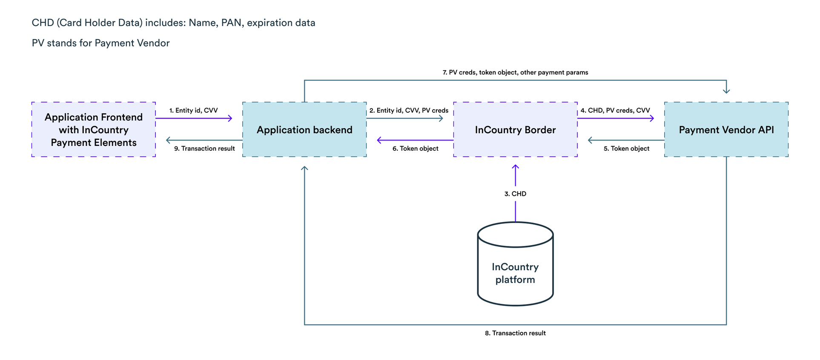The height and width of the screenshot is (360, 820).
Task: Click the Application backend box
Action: click(x=304, y=129)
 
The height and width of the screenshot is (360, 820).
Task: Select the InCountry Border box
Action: click(x=515, y=129)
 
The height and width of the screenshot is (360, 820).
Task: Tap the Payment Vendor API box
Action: click(x=726, y=129)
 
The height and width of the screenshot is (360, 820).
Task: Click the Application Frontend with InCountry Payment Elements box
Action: click(x=94, y=129)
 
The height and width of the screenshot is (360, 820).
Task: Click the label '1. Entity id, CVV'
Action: click(x=194, y=110)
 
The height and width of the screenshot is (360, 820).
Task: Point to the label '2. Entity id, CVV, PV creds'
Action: click(x=409, y=110)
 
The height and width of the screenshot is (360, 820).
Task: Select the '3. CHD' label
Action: click(x=515, y=194)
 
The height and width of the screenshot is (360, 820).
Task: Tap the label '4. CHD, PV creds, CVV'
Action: click(x=615, y=110)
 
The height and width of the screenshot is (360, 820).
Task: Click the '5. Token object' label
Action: click(x=626, y=149)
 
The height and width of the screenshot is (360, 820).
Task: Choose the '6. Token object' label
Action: click(x=416, y=149)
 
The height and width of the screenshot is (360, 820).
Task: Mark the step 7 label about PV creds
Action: click(x=515, y=72)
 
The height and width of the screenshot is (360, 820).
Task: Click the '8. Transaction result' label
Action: click(x=515, y=333)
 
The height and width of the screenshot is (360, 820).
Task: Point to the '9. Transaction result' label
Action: click(x=204, y=149)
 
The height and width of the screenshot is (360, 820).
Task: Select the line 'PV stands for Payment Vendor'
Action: click(x=101, y=43)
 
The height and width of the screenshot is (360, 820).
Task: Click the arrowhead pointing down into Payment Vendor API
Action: click(x=726, y=91)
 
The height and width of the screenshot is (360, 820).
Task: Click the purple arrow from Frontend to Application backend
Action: click(x=194, y=118)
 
